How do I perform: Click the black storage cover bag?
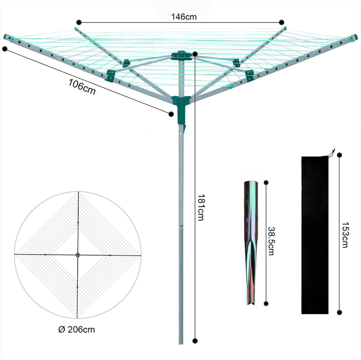(314, 235)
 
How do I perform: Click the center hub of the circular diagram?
(77, 255)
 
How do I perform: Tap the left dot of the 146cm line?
(79, 22)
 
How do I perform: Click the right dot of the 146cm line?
(282, 22)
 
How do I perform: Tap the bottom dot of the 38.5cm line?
(265, 303)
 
